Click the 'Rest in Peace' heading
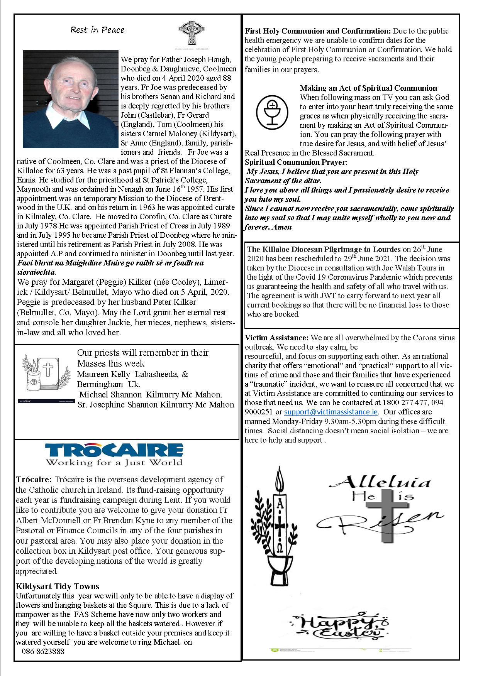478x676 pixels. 97,30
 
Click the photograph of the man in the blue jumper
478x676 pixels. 71,99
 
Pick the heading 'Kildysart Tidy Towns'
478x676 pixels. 58,586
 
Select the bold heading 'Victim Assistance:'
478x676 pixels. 276,338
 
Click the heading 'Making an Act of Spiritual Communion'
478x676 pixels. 368,88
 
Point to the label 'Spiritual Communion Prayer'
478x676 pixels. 295,162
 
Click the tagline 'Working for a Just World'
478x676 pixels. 114,462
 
